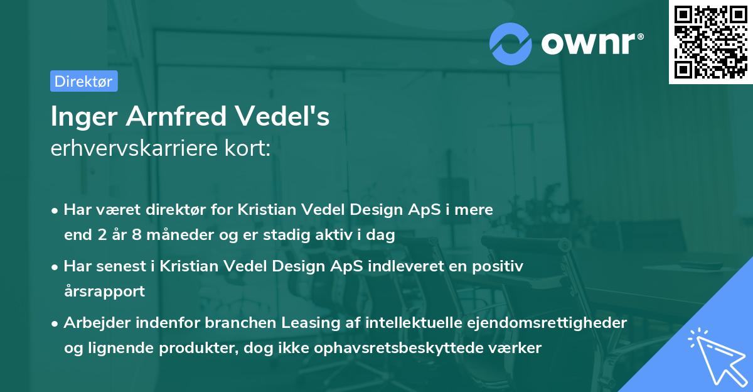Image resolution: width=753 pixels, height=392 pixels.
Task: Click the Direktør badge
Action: click(83, 81)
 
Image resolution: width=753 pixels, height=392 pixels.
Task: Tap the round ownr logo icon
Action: click(511, 43)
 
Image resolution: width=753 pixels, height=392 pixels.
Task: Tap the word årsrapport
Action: click(104, 291)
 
